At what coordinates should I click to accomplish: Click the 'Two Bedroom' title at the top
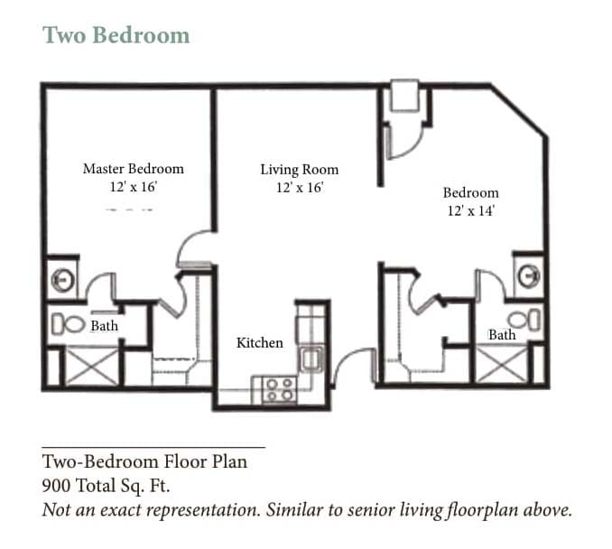click(x=116, y=35)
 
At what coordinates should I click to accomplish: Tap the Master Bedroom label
click(x=133, y=169)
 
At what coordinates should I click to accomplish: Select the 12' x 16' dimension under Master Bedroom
click(x=133, y=187)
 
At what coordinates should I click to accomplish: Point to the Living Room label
click(x=300, y=169)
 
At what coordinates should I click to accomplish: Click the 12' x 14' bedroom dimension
click(x=470, y=210)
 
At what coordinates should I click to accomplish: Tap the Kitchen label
click(x=260, y=343)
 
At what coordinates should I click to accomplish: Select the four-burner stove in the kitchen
click(x=277, y=389)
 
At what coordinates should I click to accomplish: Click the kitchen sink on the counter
click(x=311, y=358)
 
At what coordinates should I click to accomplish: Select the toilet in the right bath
click(x=525, y=319)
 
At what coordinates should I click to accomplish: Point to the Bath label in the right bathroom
click(x=502, y=335)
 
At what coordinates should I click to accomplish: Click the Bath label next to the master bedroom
click(x=104, y=325)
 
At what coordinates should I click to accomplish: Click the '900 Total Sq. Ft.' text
click(x=106, y=485)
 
